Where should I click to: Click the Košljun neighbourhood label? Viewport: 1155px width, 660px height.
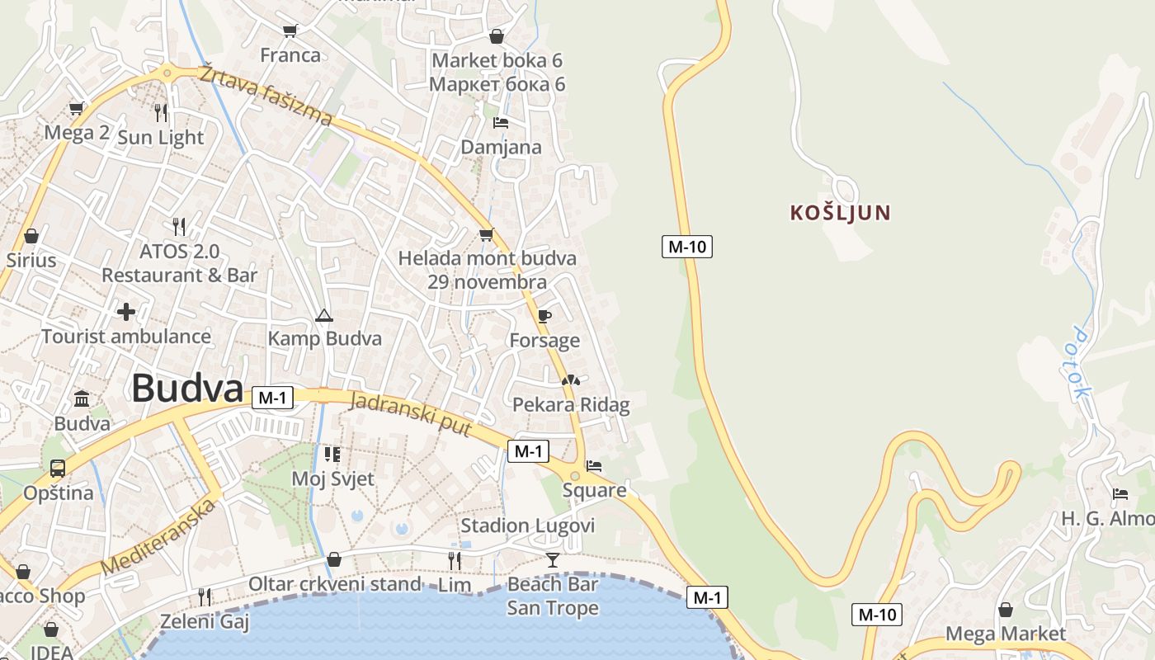840,213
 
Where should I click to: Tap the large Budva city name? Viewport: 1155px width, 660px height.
187,389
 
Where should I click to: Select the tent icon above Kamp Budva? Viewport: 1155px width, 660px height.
324,315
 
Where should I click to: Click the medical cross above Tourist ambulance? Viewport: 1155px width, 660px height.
126,312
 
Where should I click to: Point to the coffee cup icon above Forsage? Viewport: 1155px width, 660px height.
544,316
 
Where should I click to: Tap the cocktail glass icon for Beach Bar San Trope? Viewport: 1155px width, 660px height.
552,560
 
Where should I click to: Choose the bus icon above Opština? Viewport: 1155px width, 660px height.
58,469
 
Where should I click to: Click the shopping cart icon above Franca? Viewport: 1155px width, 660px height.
290,31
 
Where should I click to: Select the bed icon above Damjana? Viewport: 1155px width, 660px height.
501,123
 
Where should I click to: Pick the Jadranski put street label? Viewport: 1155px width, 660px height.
411,415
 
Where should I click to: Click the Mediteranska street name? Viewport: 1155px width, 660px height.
158,537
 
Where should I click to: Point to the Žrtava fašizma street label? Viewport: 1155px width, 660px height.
266,95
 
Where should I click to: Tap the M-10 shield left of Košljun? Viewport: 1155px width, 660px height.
686,246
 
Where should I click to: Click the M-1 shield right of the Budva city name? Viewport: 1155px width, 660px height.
272,398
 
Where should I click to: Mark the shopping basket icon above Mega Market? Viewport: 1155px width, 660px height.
1005,610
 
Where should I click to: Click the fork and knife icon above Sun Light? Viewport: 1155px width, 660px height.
161,112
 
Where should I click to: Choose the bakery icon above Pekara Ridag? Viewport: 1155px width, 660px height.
571,380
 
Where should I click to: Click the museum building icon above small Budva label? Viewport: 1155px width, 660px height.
82,399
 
